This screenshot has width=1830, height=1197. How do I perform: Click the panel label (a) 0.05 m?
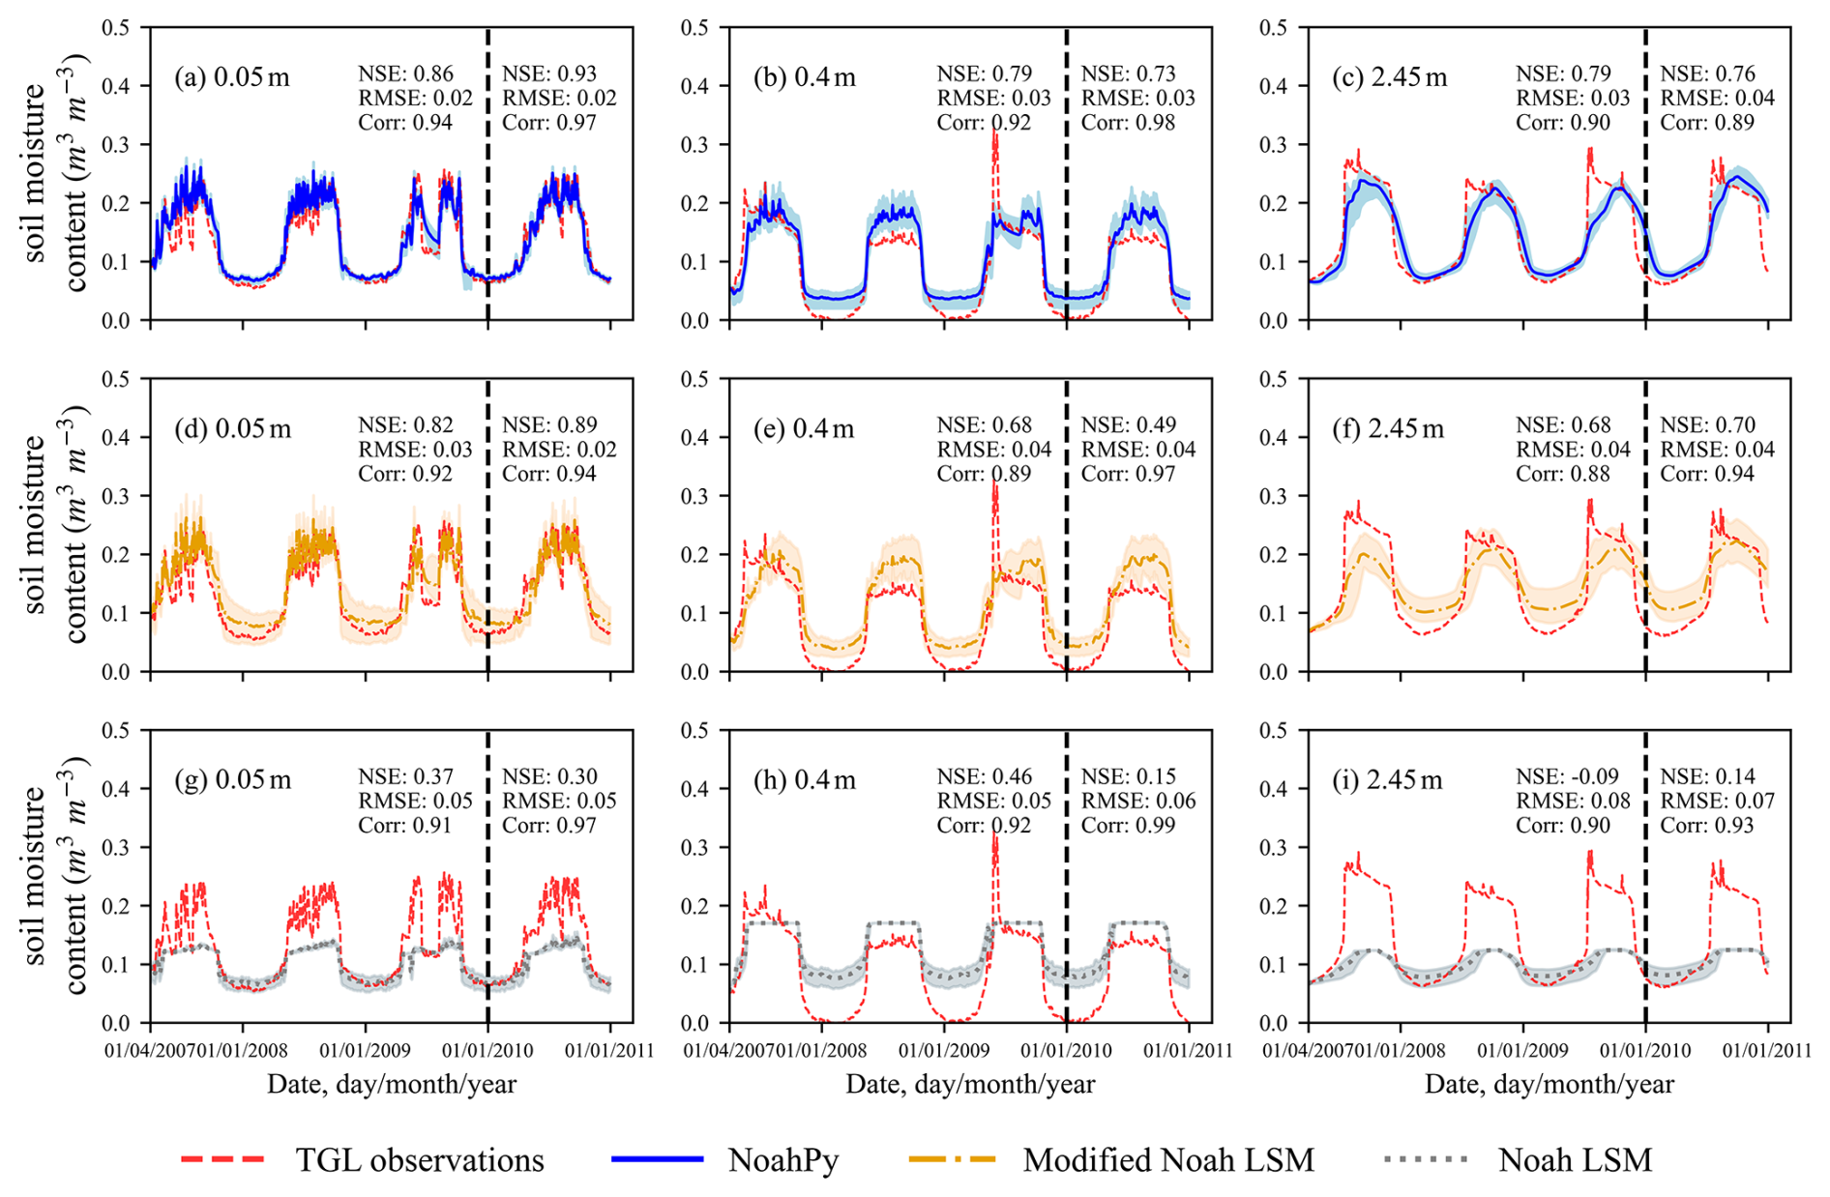click(x=232, y=77)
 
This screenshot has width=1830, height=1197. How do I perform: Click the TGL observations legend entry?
click(x=363, y=1159)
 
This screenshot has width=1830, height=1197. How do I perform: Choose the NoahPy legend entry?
click(x=725, y=1159)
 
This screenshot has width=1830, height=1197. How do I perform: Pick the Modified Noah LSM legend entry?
click(x=1112, y=1159)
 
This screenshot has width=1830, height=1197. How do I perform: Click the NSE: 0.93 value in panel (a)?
click(x=549, y=74)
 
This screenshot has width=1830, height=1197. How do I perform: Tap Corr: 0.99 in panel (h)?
click(x=1128, y=826)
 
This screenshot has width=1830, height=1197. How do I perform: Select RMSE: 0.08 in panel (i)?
click(x=1573, y=802)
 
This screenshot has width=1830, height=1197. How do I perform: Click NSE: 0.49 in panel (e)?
click(x=1128, y=425)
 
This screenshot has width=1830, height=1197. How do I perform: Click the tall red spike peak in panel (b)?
click(x=995, y=131)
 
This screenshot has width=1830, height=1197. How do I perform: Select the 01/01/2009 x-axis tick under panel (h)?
click(x=944, y=1050)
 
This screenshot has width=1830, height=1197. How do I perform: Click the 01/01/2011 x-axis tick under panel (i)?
click(x=1768, y=1050)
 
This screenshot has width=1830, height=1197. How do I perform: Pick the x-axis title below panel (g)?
click(x=392, y=1084)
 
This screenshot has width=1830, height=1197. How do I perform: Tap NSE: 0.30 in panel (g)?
click(x=549, y=777)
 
